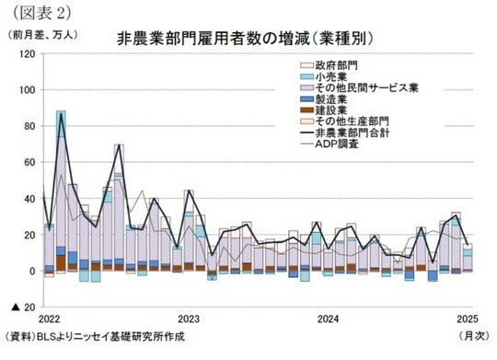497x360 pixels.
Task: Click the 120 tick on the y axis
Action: point(26,54)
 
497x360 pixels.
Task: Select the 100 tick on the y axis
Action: point(26,90)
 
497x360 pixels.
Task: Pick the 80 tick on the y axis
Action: point(29,126)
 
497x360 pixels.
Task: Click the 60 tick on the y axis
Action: point(29,163)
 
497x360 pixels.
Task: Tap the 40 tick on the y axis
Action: point(29,199)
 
